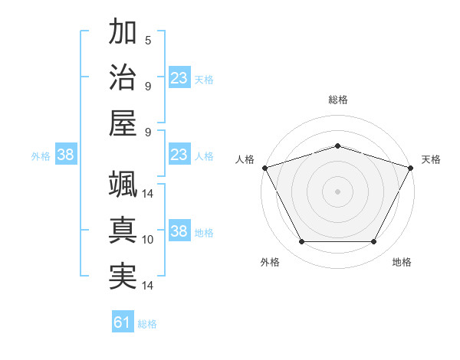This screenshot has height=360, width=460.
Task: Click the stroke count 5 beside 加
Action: (148, 40)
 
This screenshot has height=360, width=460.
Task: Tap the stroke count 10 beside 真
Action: (148, 240)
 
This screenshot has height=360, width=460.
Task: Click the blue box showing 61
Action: (123, 323)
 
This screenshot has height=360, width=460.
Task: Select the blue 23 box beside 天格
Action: (179, 78)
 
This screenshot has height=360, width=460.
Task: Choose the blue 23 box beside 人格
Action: (179, 155)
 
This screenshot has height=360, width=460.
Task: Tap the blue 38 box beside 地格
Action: (179, 231)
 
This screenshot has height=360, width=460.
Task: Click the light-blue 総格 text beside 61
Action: (147, 324)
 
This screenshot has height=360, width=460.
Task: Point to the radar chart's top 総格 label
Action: (337, 100)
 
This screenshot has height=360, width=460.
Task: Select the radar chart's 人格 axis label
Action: (245, 159)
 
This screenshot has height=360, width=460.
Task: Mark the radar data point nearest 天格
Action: (412, 167)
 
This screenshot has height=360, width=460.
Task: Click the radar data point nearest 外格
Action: (301, 242)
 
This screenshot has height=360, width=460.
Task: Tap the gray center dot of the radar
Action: (337, 191)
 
